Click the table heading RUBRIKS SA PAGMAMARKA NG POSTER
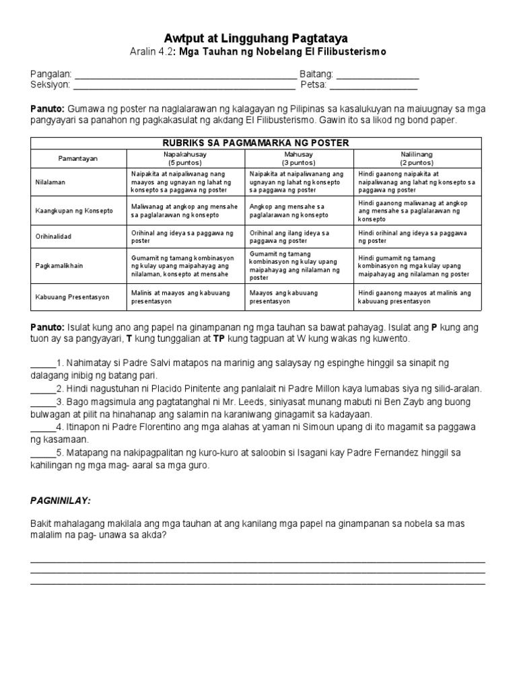tap(256, 142)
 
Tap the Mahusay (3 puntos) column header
tap(300, 158)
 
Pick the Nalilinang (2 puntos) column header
tap(416, 158)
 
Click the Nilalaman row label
tap(51, 182)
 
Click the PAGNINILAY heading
tap(61, 501)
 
